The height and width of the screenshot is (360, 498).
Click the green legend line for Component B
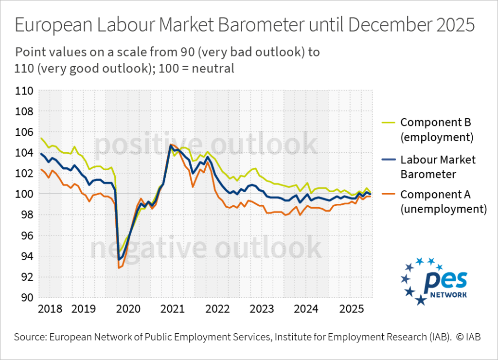click(x=385, y=122)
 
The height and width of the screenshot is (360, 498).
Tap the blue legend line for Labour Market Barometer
click(x=385, y=160)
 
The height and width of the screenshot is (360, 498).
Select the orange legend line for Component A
click(x=385, y=195)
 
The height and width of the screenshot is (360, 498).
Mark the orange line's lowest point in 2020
click(x=119, y=268)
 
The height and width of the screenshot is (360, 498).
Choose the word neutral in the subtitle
click(x=213, y=69)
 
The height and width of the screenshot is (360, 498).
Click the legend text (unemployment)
click(x=444, y=209)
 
